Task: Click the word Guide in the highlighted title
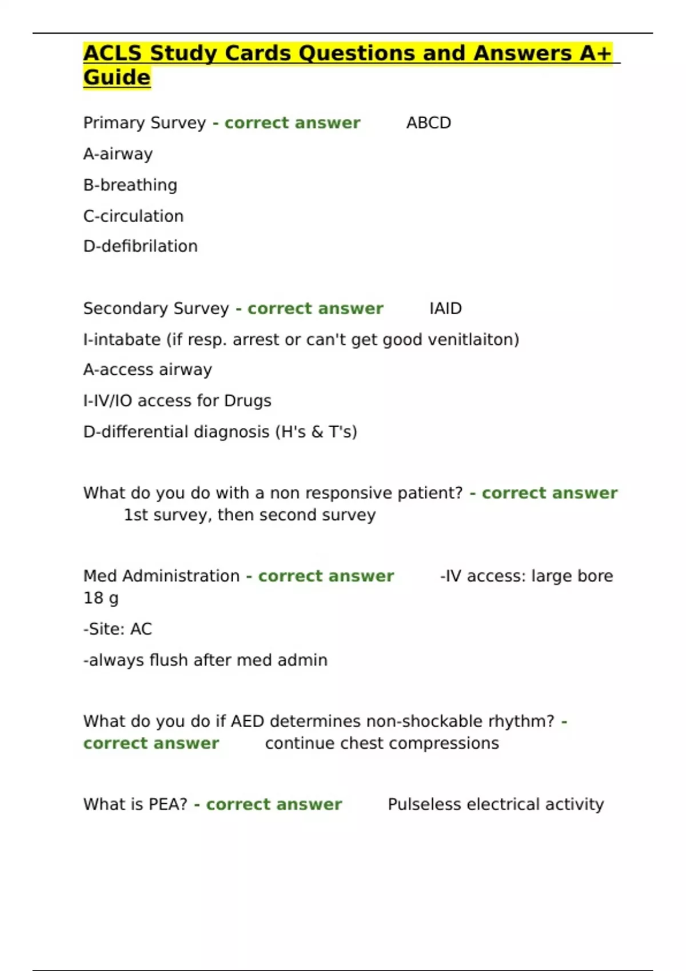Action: (117, 77)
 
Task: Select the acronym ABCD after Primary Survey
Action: (428, 123)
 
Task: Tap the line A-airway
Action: (118, 154)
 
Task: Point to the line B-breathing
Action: (130, 185)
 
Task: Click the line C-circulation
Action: (133, 216)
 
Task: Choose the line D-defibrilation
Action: (140, 246)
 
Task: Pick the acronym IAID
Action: (445, 308)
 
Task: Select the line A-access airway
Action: (147, 370)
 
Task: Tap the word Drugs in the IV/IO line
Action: (248, 401)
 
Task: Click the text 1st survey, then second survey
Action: (250, 515)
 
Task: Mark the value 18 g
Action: (101, 598)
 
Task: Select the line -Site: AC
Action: (118, 629)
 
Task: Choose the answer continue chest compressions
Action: (382, 743)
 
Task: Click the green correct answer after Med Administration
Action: (326, 576)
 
